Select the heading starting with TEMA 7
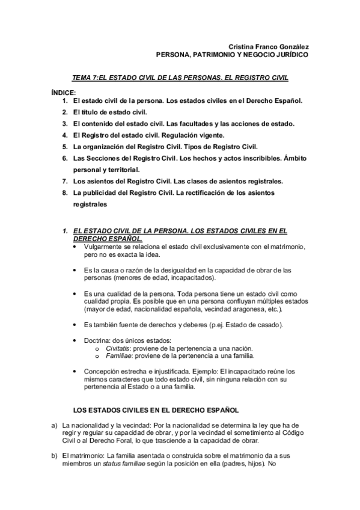click(180, 78)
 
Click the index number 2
click(65, 112)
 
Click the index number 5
click(65, 147)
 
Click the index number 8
click(65, 192)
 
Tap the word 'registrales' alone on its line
click(90, 204)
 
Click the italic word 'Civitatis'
click(117, 349)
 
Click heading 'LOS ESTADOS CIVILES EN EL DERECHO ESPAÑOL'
click(156, 410)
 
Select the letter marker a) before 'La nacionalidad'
click(54, 425)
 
